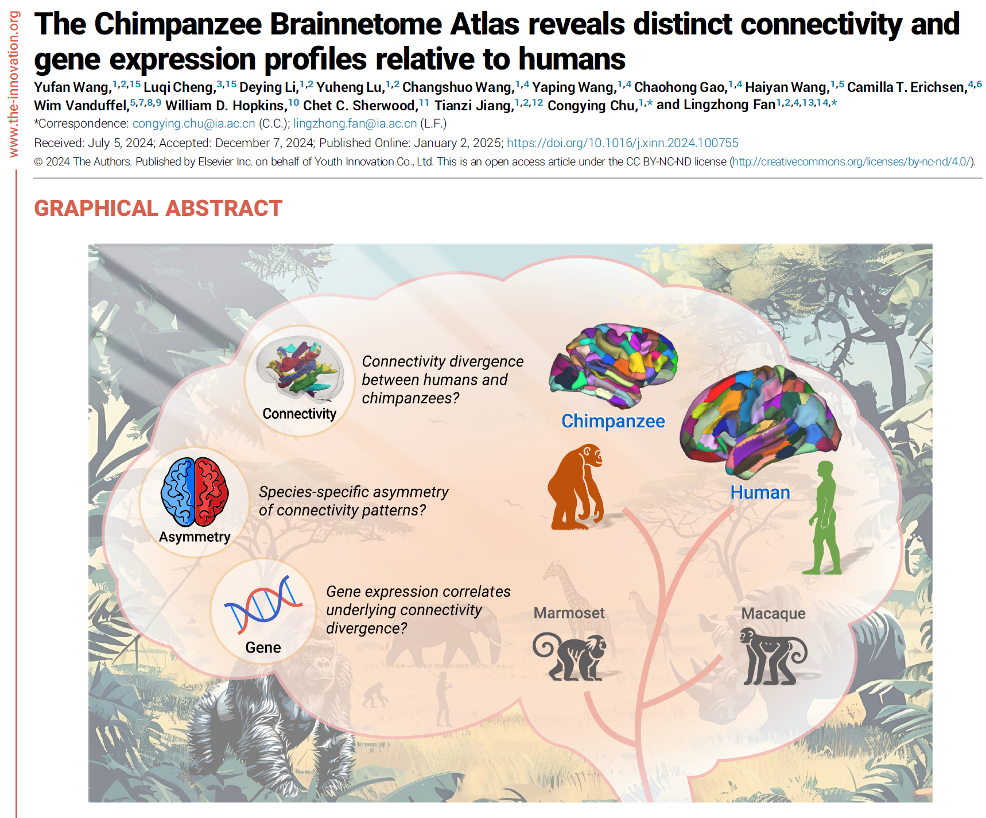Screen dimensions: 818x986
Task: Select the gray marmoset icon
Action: click(570, 656)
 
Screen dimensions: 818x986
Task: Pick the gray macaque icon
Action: click(773, 656)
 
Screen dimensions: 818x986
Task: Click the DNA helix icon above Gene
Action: click(263, 604)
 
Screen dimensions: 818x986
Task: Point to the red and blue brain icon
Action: click(195, 492)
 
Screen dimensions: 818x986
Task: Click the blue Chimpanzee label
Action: click(613, 421)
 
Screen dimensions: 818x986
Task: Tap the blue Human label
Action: click(760, 492)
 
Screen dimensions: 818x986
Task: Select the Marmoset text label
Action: click(569, 613)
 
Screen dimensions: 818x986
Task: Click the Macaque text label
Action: click(773, 613)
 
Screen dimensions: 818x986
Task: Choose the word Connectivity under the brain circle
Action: click(299, 414)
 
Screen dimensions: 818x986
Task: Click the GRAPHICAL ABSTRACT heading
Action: click(158, 208)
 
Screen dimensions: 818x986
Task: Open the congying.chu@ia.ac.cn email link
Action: click(193, 124)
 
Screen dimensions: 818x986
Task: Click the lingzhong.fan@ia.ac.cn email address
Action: click(355, 124)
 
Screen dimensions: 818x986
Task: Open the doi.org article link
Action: click(622, 143)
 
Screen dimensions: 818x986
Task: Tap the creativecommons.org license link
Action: click(851, 162)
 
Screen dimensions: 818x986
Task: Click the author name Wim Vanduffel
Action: click(80, 106)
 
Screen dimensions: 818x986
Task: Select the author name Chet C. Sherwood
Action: click(360, 106)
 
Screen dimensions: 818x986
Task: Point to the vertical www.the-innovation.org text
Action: click(13, 84)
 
